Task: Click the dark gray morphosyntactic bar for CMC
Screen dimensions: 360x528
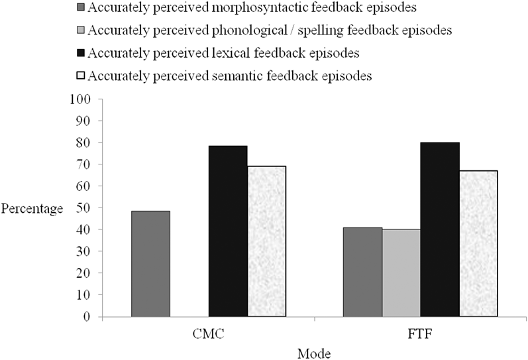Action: pyautogui.click(x=151, y=264)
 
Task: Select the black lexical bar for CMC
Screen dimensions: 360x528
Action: pyautogui.click(x=228, y=231)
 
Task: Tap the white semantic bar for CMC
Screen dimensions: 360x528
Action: pyautogui.click(x=266, y=241)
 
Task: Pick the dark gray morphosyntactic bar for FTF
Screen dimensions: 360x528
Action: pyautogui.click(x=362, y=272)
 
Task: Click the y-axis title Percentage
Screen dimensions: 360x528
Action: pyautogui.click(x=32, y=208)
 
